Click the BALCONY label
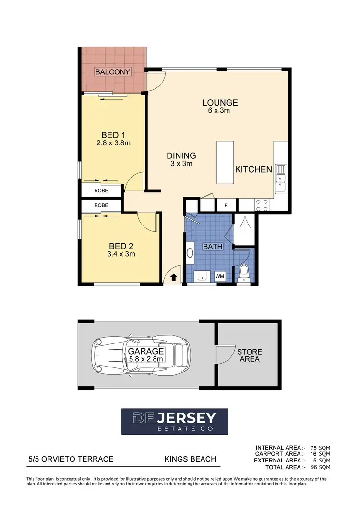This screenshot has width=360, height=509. click(113, 72)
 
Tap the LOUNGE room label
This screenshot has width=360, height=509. click(220, 102)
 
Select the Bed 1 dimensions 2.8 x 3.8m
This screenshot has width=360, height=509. click(114, 143)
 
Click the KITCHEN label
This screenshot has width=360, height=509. click(253, 169)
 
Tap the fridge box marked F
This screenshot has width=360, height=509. click(226, 205)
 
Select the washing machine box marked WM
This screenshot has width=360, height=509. click(219, 276)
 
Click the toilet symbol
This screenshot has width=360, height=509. click(244, 273)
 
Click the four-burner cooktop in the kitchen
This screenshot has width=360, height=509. click(262, 205)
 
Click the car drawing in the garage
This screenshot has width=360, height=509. click(143, 355)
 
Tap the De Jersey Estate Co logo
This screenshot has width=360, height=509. click(175, 422)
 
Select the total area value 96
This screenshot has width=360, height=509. click(314, 467)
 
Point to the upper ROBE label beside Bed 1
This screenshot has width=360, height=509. click(101, 190)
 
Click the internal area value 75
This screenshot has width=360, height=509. click(314, 447)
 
